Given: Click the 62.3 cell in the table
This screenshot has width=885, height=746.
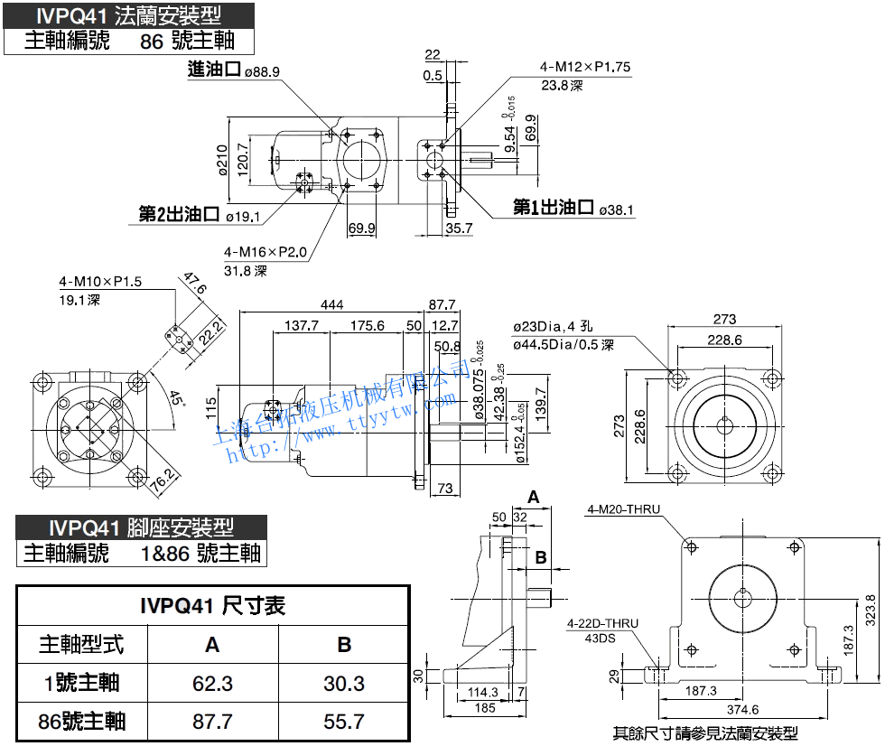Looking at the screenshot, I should pyautogui.click(x=212, y=683).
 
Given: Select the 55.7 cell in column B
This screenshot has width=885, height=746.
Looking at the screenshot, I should pyautogui.click(x=344, y=721).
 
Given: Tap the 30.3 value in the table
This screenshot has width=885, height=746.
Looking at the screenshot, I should pyautogui.click(x=344, y=683).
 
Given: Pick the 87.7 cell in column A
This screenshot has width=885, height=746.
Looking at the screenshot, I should pyautogui.click(x=212, y=721).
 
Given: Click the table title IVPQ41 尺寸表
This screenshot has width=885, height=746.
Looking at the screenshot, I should pyautogui.click(x=213, y=606).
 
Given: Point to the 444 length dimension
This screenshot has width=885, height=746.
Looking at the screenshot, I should pyautogui.click(x=332, y=305).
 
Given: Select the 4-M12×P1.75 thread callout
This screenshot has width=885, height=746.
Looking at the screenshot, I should pyautogui.click(x=585, y=67).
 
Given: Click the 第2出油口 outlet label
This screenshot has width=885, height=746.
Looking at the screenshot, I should pyautogui.click(x=180, y=214).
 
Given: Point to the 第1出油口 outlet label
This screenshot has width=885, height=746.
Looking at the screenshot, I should pyautogui.click(x=554, y=209).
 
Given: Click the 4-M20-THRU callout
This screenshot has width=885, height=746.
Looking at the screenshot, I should pyautogui.click(x=623, y=509).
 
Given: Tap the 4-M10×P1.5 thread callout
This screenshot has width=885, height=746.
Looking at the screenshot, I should pyautogui.click(x=100, y=282).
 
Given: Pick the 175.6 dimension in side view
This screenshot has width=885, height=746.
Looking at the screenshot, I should pyautogui.click(x=368, y=325).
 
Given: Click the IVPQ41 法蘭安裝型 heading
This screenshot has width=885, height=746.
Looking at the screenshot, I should pyautogui.click(x=128, y=15).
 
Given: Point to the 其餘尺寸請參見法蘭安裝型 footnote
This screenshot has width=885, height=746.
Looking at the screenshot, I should pyautogui.click(x=705, y=733).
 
